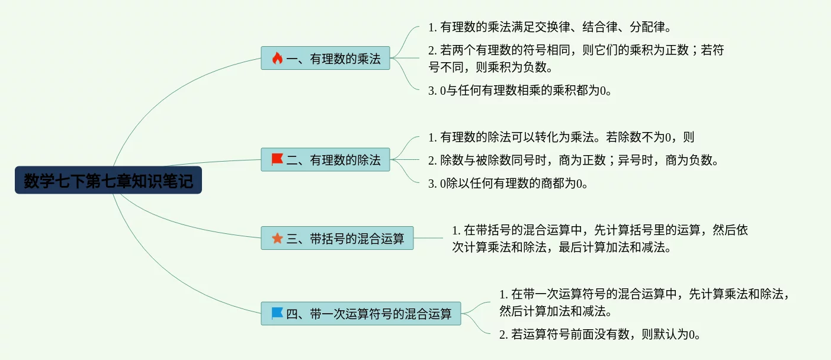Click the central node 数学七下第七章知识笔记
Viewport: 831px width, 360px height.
point(108,181)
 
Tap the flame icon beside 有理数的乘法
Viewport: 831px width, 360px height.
point(277,58)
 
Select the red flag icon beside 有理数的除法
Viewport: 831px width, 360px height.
point(277,159)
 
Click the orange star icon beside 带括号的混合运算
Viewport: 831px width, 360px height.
point(277,238)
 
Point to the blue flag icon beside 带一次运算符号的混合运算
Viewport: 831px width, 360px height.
point(277,313)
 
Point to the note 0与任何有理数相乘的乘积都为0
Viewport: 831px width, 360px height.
point(519,91)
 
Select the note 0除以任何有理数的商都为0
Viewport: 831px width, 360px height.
point(508,184)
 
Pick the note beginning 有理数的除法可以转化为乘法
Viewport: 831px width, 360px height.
point(561,137)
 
